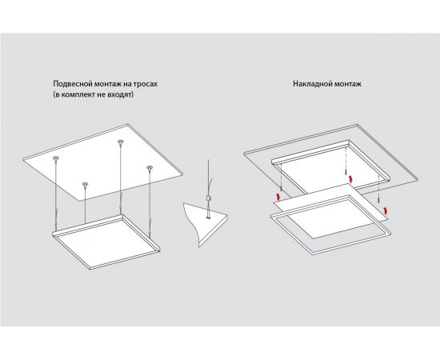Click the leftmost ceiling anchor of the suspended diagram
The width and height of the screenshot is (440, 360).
pos(56,161)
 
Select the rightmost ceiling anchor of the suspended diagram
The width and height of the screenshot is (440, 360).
pos(149,168)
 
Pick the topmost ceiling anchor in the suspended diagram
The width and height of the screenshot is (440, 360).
pos(120,142)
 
